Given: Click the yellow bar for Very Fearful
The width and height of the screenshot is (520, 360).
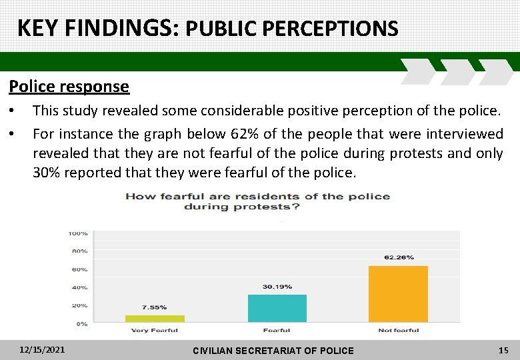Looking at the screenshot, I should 155,319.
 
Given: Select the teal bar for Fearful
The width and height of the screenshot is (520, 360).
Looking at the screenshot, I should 277,309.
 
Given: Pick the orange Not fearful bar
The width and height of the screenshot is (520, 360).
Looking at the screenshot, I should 398,294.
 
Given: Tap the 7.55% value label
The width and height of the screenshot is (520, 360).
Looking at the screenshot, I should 155,308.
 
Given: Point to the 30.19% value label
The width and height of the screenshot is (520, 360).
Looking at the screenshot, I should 277,287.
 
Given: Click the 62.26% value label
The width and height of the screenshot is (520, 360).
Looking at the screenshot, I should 399,257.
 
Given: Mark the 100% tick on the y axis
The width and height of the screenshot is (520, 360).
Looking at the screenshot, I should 78,233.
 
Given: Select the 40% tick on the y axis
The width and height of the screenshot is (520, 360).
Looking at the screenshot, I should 79,287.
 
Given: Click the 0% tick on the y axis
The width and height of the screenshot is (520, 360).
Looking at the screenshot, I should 81,324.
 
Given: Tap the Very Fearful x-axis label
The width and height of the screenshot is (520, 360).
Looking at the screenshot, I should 154,331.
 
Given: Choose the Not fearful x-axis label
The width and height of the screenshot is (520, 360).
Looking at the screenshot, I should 398,331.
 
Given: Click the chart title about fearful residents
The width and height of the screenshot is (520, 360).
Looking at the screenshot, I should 257,201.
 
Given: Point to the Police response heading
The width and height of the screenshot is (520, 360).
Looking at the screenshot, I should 69,87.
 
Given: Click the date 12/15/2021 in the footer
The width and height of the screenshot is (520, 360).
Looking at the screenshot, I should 42,349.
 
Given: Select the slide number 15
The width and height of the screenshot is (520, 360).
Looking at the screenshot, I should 503,349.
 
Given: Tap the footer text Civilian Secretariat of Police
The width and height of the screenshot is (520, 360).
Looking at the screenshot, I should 273,350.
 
